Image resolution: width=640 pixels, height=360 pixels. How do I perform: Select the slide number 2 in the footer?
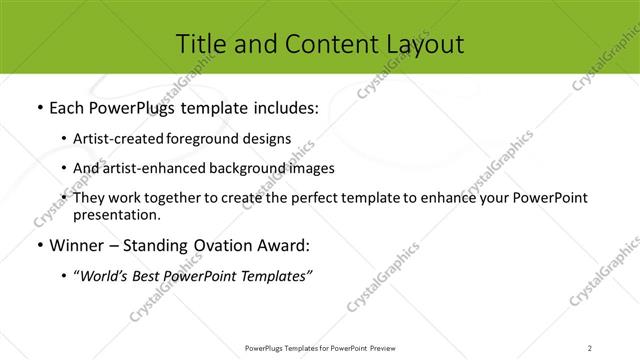[589, 347]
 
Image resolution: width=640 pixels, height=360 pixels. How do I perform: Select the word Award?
[281, 246]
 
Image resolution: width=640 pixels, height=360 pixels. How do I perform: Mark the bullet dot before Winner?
[38, 246]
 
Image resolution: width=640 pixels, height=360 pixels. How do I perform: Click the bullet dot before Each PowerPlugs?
[38, 107]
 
